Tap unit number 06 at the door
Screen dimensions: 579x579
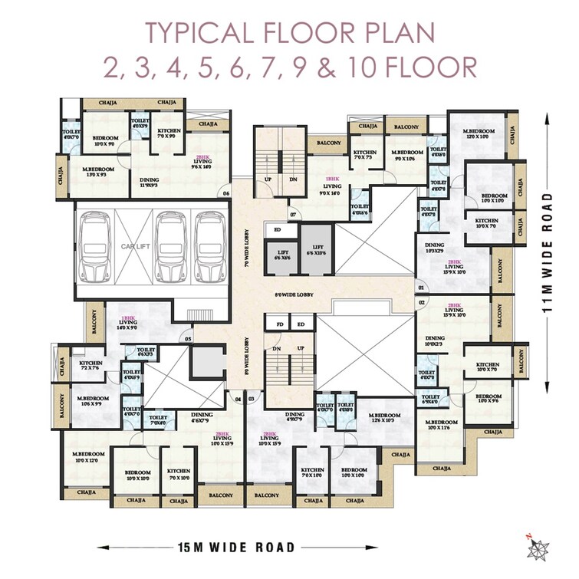tap(227, 193)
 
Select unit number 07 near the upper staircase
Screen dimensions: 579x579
tap(293, 213)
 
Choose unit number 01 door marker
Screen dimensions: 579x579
tap(421, 288)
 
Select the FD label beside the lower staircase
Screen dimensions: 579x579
tap(281, 324)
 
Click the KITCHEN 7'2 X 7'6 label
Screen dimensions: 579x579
tap(90, 365)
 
